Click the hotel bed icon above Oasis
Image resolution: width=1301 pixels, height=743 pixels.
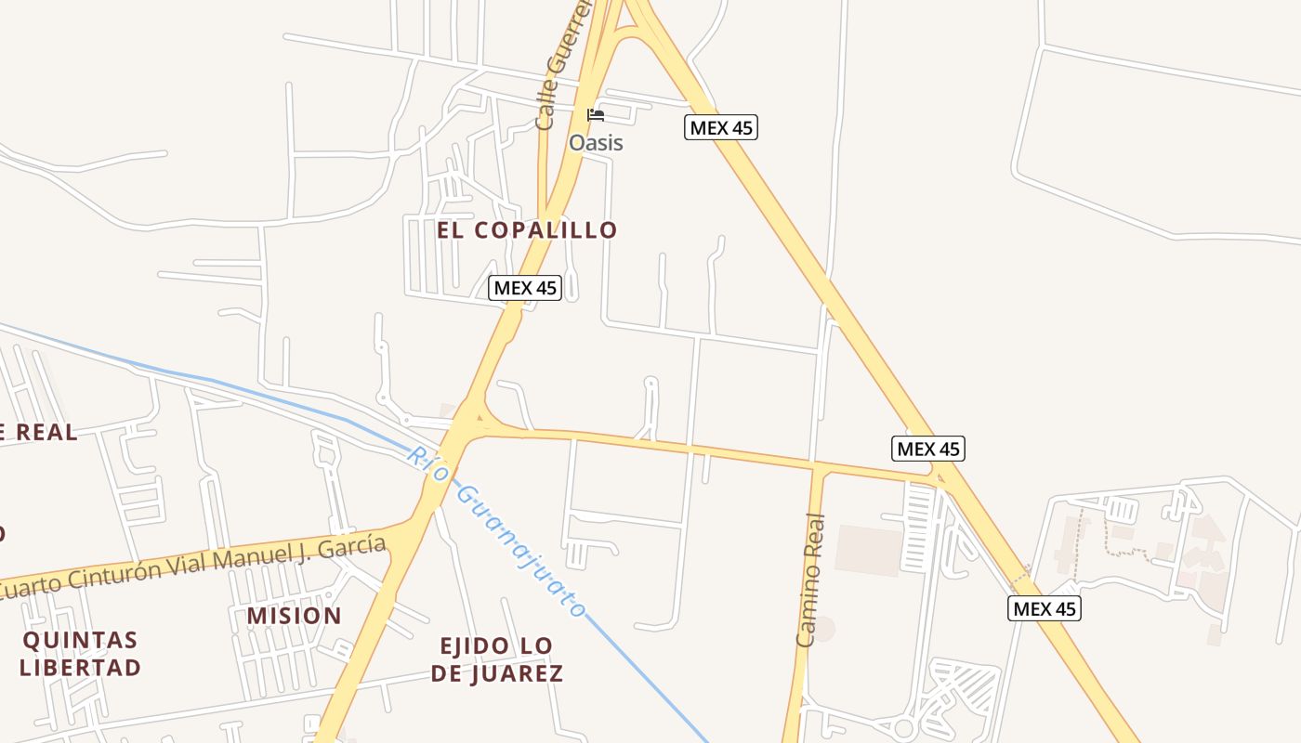[x=596, y=115]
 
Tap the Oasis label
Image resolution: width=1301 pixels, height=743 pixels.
[x=596, y=143]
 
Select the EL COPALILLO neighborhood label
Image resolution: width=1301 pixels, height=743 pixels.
[x=527, y=230]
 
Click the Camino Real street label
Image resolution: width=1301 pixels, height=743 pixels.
[x=810, y=579]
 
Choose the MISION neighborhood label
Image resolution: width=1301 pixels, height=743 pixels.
[x=294, y=616]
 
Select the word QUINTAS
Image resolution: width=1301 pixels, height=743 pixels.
[x=80, y=640]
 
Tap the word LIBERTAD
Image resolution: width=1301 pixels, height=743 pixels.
[x=80, y=667]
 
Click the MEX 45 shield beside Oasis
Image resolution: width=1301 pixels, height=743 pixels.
[x=721, y=127]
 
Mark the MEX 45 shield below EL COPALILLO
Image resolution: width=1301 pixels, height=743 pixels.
[x=525, y=288]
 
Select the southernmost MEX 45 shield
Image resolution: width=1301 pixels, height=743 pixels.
[x=1045, y=608]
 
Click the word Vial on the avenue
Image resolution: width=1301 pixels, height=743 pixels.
[x=190, y=566]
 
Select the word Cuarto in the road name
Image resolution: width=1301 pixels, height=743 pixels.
[x=33, y=585]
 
